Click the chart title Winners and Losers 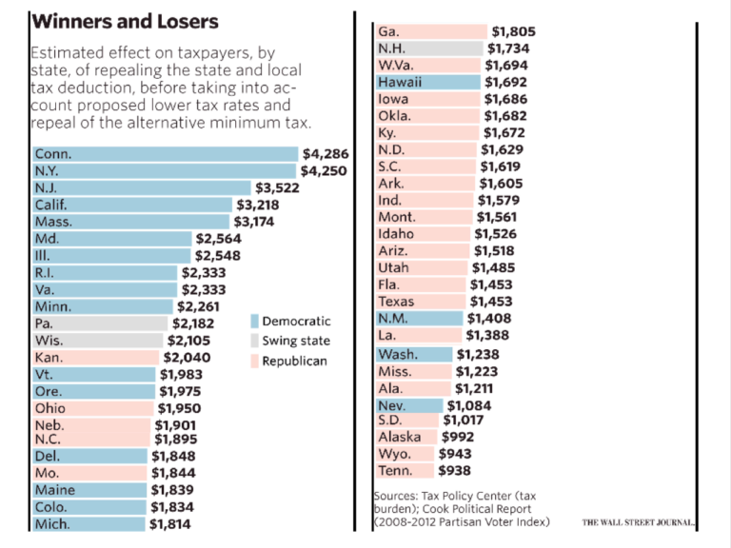[x=125, y=21]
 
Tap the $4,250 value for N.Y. [x=324, y=171]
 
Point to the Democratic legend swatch [x=254, y=322]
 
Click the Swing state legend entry [x=296, y=341]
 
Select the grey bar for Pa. [x=99, y=323]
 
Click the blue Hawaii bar [x=427, y=83]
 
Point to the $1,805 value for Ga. [x=514, y=31]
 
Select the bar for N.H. [x=429, y=49]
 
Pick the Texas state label [x=396, y=302]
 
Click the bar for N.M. [x=419, y=319]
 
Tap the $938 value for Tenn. [x=454, y=470]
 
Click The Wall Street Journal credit [x=639, y=523]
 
